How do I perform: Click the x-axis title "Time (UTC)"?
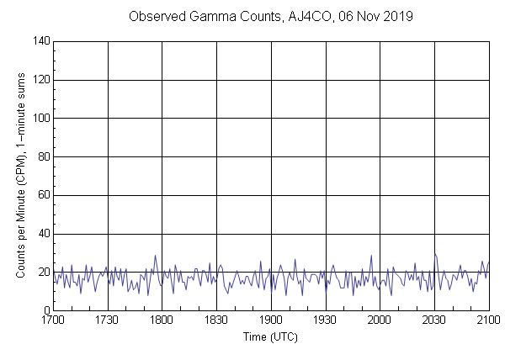pos(270,337)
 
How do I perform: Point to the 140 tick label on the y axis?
pos(39,41)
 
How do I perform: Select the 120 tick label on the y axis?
pos(39,80)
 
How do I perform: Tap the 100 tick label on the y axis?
pos(39,119)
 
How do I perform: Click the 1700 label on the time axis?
pos(53,320)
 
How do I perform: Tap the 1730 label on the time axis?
pos(108,320)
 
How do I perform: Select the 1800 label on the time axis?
pos(162,320)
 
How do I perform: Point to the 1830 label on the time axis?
pos(216,320)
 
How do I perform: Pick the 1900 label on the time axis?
pos(271,320)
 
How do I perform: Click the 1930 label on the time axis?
pos(325,320)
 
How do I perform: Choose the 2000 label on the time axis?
pos(380,320)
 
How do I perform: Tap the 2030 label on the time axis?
pos(434,320)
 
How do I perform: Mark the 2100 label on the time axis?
pos(488,320)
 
